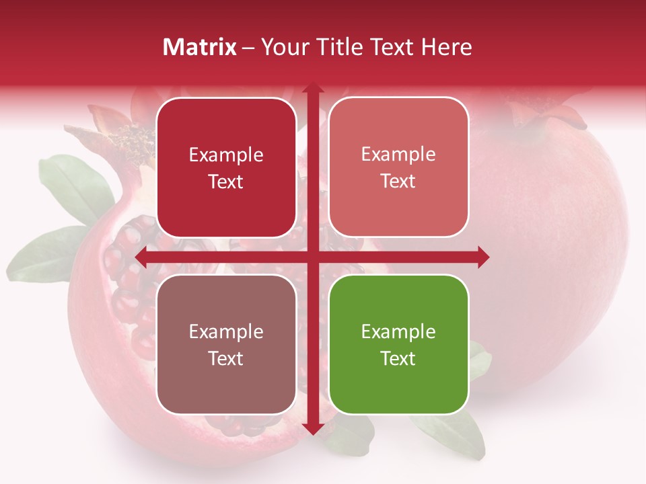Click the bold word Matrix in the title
[200, 47]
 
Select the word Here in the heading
[446, 47]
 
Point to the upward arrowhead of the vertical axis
[312, 89]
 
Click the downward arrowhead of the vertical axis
[312, 428]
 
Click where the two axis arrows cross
[312, 257]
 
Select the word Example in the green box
[398, 331]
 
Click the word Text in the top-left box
[226, 182]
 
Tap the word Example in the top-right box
[398, 154]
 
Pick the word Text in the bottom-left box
[226, 358]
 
